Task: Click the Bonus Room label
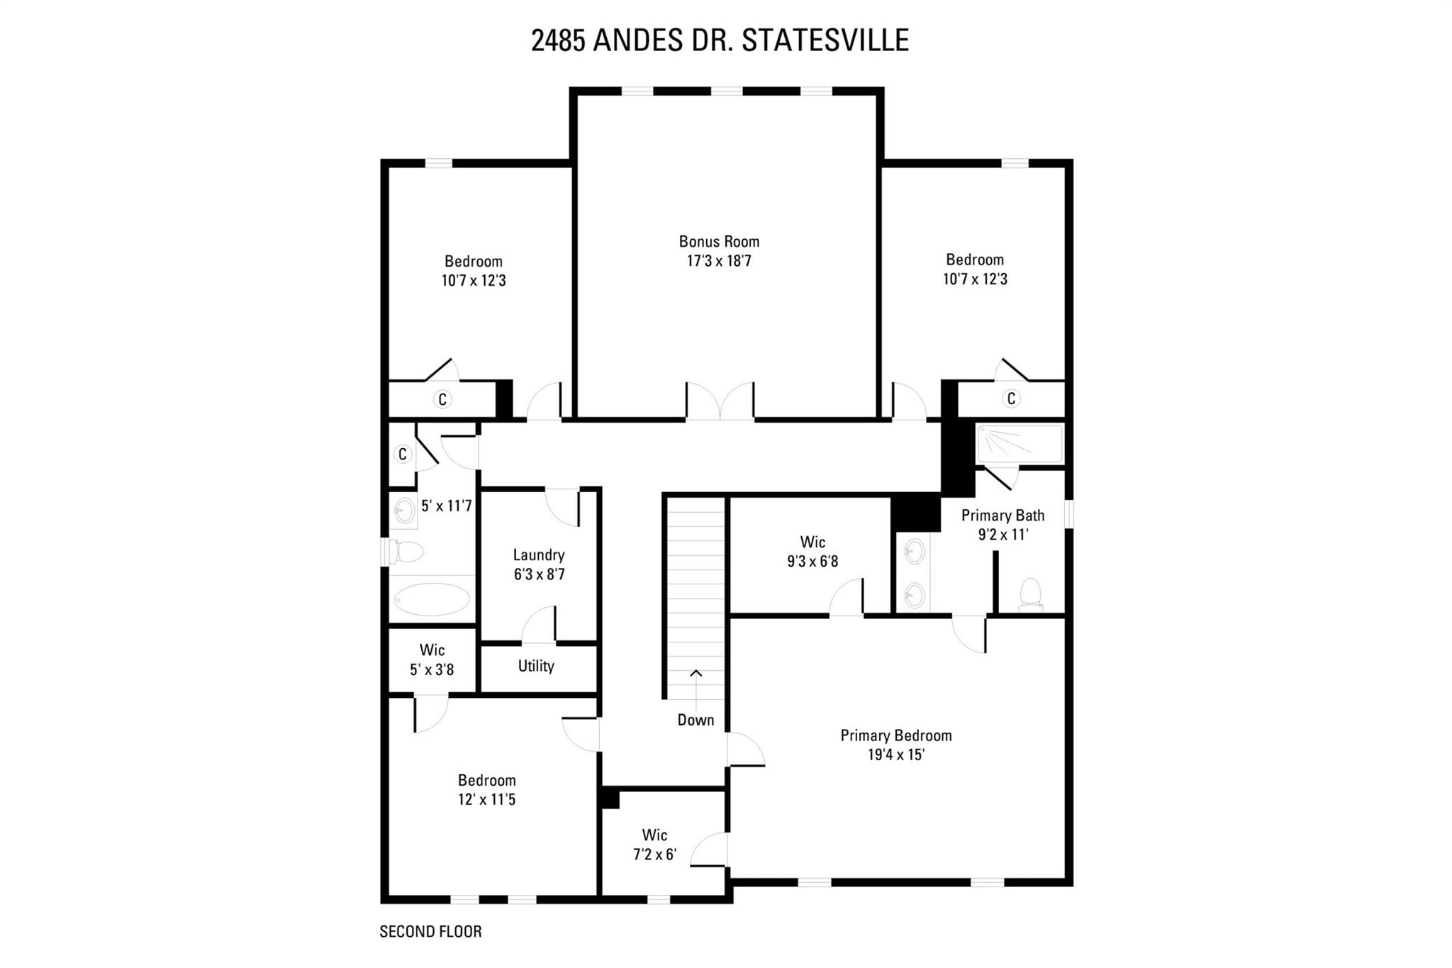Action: point(719,242)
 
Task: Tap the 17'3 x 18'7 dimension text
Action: point(719,261)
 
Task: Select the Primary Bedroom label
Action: point(896,736)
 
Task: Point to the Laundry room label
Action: point(539,555)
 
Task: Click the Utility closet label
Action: point(536,666)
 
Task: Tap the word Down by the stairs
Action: point(696,721)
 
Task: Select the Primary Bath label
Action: point(1003,516)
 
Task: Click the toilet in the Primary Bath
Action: point(1030,595)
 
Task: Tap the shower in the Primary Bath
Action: point(1020,444)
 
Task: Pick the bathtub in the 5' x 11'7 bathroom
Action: point(432,599)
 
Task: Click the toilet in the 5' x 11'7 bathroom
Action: point(406,551)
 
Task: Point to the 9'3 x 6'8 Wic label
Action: point(812,552)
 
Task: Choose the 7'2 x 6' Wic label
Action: point(654,845)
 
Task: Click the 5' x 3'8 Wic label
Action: point(432,660)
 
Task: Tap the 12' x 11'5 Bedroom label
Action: point(486,790)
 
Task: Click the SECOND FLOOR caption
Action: point(430,932)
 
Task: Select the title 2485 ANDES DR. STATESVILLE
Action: point(720,40)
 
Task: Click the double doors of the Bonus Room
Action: point(720,401)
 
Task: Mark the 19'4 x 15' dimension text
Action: point(896,755)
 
